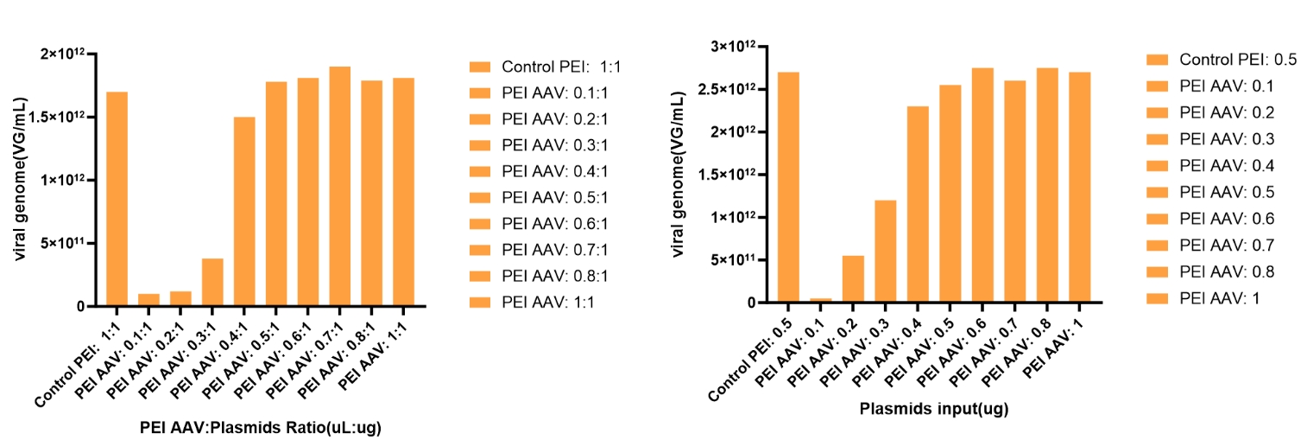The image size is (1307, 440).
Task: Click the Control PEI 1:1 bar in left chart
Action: point(117,199)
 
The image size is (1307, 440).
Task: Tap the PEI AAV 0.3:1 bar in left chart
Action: point(212,282)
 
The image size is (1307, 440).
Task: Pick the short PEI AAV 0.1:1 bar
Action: point(148,299)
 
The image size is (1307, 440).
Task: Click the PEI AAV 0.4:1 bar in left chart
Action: point(244,211)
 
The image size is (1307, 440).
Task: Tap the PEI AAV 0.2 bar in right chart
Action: point(853,278)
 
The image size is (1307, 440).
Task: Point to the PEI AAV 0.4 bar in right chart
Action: point(918,204)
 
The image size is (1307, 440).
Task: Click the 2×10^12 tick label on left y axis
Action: point(67,54)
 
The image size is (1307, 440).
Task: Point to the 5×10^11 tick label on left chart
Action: point(67,243)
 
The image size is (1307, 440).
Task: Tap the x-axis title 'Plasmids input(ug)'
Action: point(934,408)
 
